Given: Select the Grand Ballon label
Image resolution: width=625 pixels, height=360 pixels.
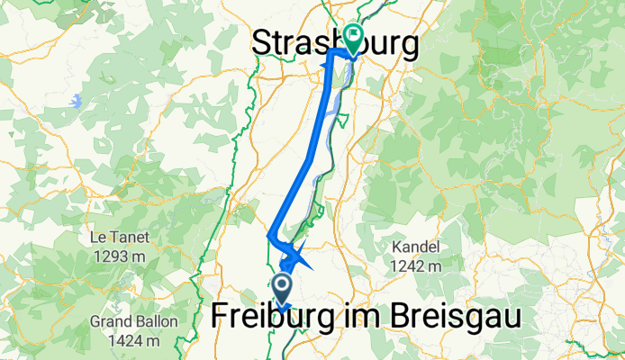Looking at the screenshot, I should pos(133,322).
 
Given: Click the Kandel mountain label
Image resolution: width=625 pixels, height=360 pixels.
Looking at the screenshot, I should pos(416,247).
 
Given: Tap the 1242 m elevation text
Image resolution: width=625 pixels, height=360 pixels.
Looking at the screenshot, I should pos(416,265).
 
